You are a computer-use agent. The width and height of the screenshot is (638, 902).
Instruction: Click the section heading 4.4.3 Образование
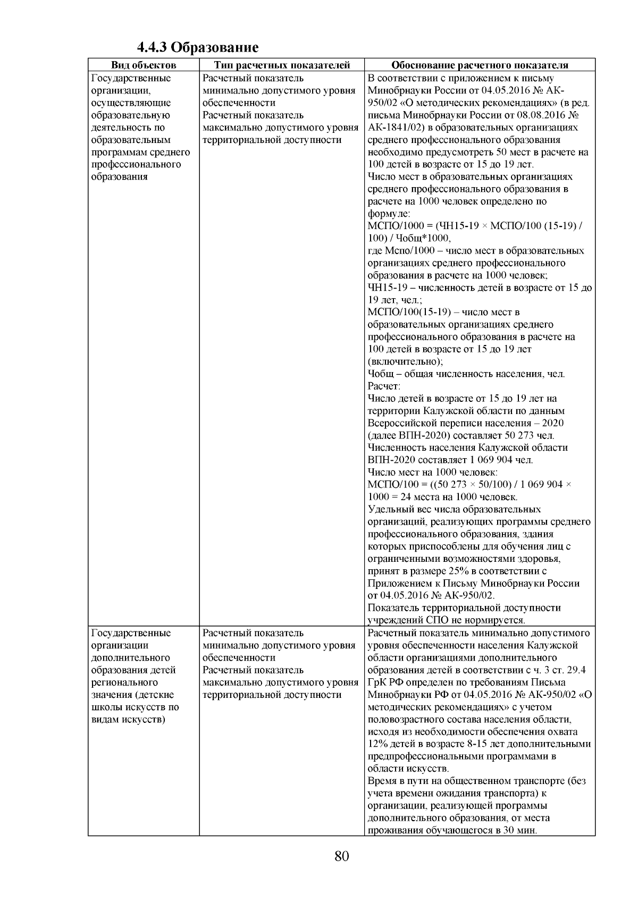tap(198, 48)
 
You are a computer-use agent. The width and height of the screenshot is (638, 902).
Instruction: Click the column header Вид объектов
tap(143, 65)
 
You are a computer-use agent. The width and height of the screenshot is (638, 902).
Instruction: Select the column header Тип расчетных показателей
tap(282, 65)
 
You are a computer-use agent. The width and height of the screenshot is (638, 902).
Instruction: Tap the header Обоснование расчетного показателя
tap(480, 65)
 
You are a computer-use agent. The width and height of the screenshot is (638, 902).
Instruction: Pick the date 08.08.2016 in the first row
tap(541, 115)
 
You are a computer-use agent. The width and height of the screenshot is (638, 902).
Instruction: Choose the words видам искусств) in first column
tap(128, 720)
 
